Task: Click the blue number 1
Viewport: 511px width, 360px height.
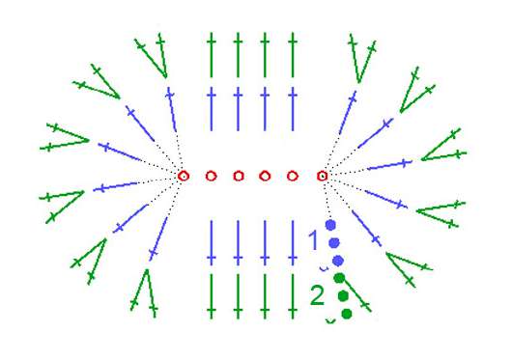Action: click(314, 240)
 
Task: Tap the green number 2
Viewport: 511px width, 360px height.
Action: click(317, 295)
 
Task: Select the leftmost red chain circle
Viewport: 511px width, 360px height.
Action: click(184, 176)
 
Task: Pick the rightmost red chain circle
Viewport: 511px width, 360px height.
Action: click(323, 176)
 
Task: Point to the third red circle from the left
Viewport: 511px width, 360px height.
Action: click(239, 176)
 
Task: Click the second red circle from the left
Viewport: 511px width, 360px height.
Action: click(212, 176)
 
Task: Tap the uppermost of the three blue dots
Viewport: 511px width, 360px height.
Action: click(330, 225)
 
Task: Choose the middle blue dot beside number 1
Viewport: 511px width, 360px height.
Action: click(334, 243)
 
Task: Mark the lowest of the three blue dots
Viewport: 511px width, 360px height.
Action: click(338, 261)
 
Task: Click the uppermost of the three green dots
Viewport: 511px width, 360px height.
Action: click(339, 278)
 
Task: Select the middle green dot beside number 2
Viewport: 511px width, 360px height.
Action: click(343, 296)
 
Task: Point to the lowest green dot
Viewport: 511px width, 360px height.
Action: click(347, 314)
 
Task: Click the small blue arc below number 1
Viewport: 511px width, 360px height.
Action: click(324, 269)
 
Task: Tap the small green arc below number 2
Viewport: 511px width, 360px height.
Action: click(330, 321)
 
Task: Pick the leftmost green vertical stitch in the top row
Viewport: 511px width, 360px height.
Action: click(212, 55)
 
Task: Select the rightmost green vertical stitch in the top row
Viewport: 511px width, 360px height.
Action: click(293, 55)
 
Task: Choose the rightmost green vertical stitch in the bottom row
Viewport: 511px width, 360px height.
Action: click(293, 296)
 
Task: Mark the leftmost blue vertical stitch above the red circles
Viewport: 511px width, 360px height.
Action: click(212, 109)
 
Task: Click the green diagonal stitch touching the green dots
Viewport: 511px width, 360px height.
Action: click(356, 295)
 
